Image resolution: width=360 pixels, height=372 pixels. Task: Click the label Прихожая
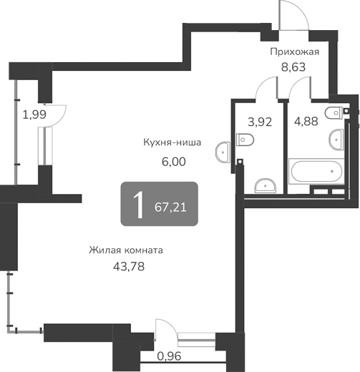[293, 52]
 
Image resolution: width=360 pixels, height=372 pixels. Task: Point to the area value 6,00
[173, 162]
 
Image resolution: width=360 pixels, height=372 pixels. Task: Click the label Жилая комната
[127, 250]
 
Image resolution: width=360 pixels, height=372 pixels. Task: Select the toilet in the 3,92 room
[243, 139]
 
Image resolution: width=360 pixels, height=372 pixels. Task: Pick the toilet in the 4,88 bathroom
[334, 112]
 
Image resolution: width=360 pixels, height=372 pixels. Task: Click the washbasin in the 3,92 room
[266, 185]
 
